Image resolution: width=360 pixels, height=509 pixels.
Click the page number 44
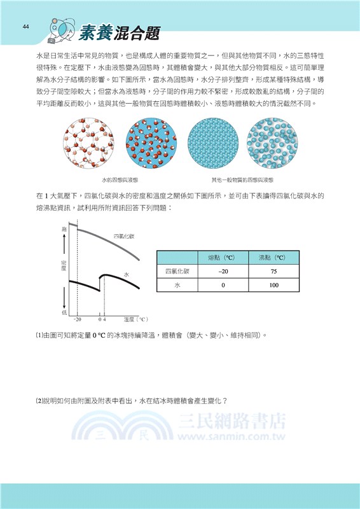coord(26,26)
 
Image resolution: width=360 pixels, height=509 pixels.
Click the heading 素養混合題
coord(120,34)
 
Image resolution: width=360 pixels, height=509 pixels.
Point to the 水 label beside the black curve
coord(127,274)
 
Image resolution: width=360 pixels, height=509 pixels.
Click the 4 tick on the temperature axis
coord(104,318)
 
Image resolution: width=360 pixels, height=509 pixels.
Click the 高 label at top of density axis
coord(64,228)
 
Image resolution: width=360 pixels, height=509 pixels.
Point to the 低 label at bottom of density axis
coord(64,312)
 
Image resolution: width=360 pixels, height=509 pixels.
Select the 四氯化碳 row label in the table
coord(173,272)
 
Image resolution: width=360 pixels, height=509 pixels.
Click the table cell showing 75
coord(273,272)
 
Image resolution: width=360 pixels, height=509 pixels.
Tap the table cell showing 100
coord(273,285)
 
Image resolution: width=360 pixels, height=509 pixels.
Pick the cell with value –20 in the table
coord(223,272)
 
